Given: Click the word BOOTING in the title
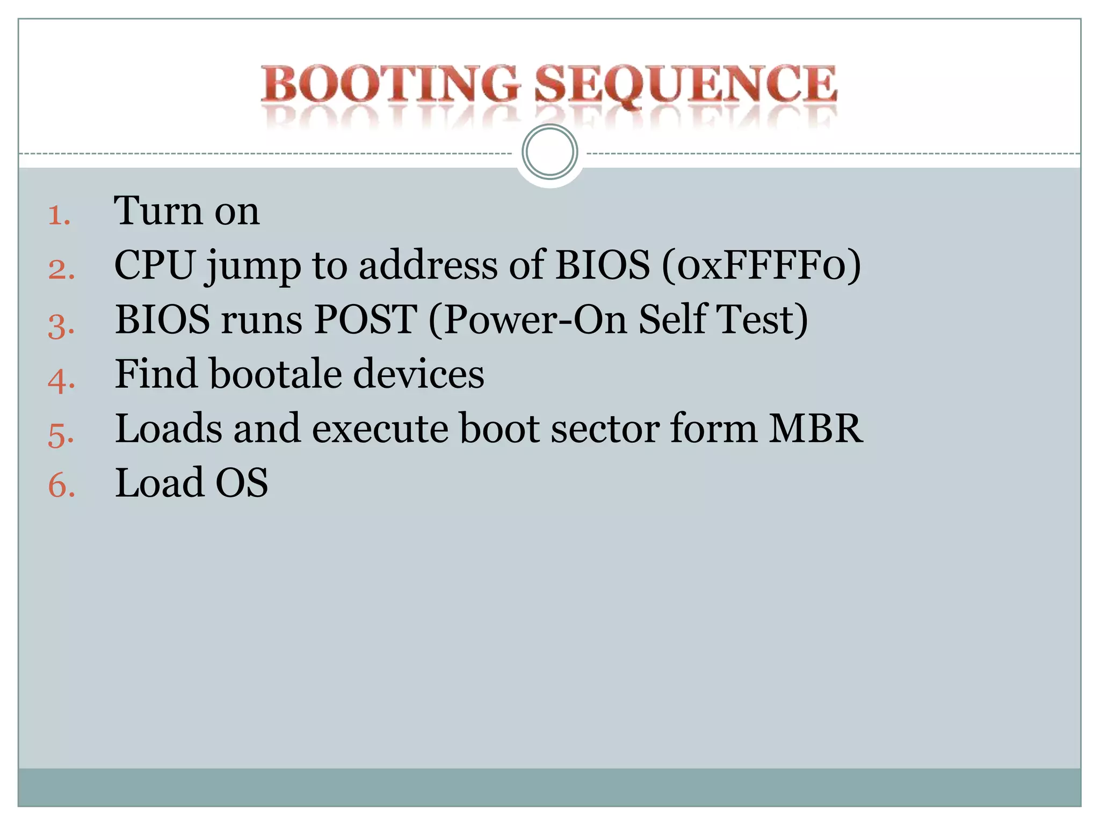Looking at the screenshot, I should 390,84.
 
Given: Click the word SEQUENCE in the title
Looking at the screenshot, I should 685,84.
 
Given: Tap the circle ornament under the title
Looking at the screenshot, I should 549,152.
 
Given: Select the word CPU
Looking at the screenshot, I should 154,265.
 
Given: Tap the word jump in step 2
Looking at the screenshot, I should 253,267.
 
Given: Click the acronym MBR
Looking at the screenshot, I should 815,429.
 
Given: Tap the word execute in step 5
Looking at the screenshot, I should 380,429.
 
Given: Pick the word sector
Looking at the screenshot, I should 605,429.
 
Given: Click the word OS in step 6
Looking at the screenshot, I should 241,483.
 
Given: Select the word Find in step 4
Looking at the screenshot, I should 156,374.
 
